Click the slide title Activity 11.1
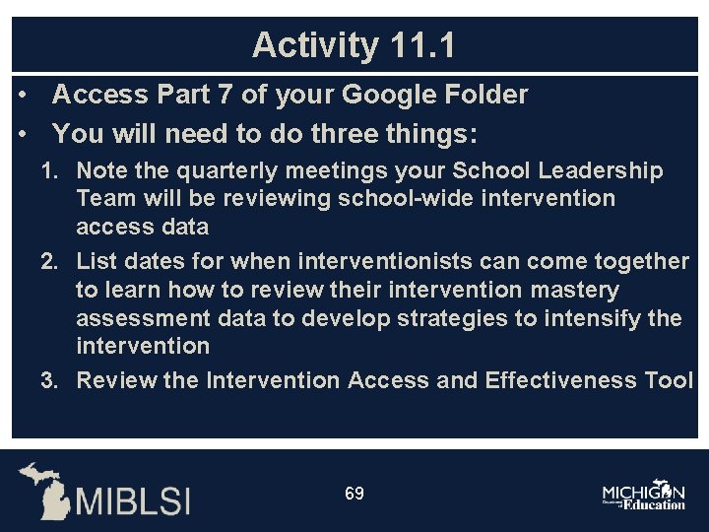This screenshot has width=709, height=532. click(354, 45)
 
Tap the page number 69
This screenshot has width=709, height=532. click(354, 493)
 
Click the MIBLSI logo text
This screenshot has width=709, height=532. click(134, 499)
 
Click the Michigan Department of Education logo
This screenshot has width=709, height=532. click(643, 496)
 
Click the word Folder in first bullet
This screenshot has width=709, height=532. click(483, 95)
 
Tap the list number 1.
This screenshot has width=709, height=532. click(48, 171)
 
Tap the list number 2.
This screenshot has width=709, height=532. click(48, 261)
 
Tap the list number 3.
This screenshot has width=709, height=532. click(48, 380)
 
